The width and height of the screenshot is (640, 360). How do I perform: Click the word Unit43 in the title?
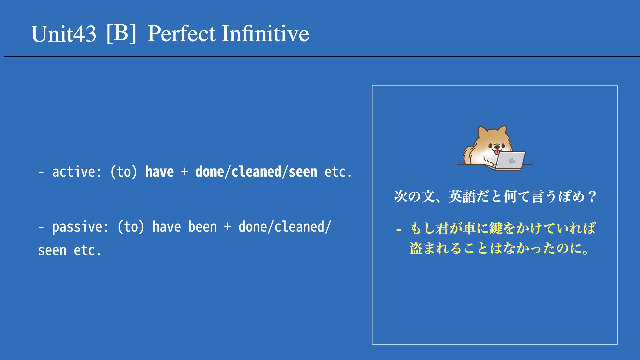64,34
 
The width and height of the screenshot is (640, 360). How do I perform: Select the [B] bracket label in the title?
122,33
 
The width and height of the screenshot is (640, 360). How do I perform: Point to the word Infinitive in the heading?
266,34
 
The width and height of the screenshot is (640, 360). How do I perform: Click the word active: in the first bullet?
77,172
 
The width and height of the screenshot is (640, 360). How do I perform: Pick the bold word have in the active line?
159,172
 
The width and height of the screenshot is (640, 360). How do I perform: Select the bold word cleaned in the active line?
256,172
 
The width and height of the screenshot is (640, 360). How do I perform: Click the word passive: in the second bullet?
80,227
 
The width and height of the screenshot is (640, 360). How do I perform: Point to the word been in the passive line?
203,227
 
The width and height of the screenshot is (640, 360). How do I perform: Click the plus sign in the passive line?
228,227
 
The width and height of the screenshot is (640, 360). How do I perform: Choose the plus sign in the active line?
185,172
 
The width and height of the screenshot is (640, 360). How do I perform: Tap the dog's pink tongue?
497,152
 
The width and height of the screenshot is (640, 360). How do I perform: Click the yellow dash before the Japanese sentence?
398,230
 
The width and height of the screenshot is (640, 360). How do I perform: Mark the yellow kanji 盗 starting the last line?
416,248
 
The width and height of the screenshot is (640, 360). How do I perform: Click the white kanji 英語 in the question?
462,196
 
